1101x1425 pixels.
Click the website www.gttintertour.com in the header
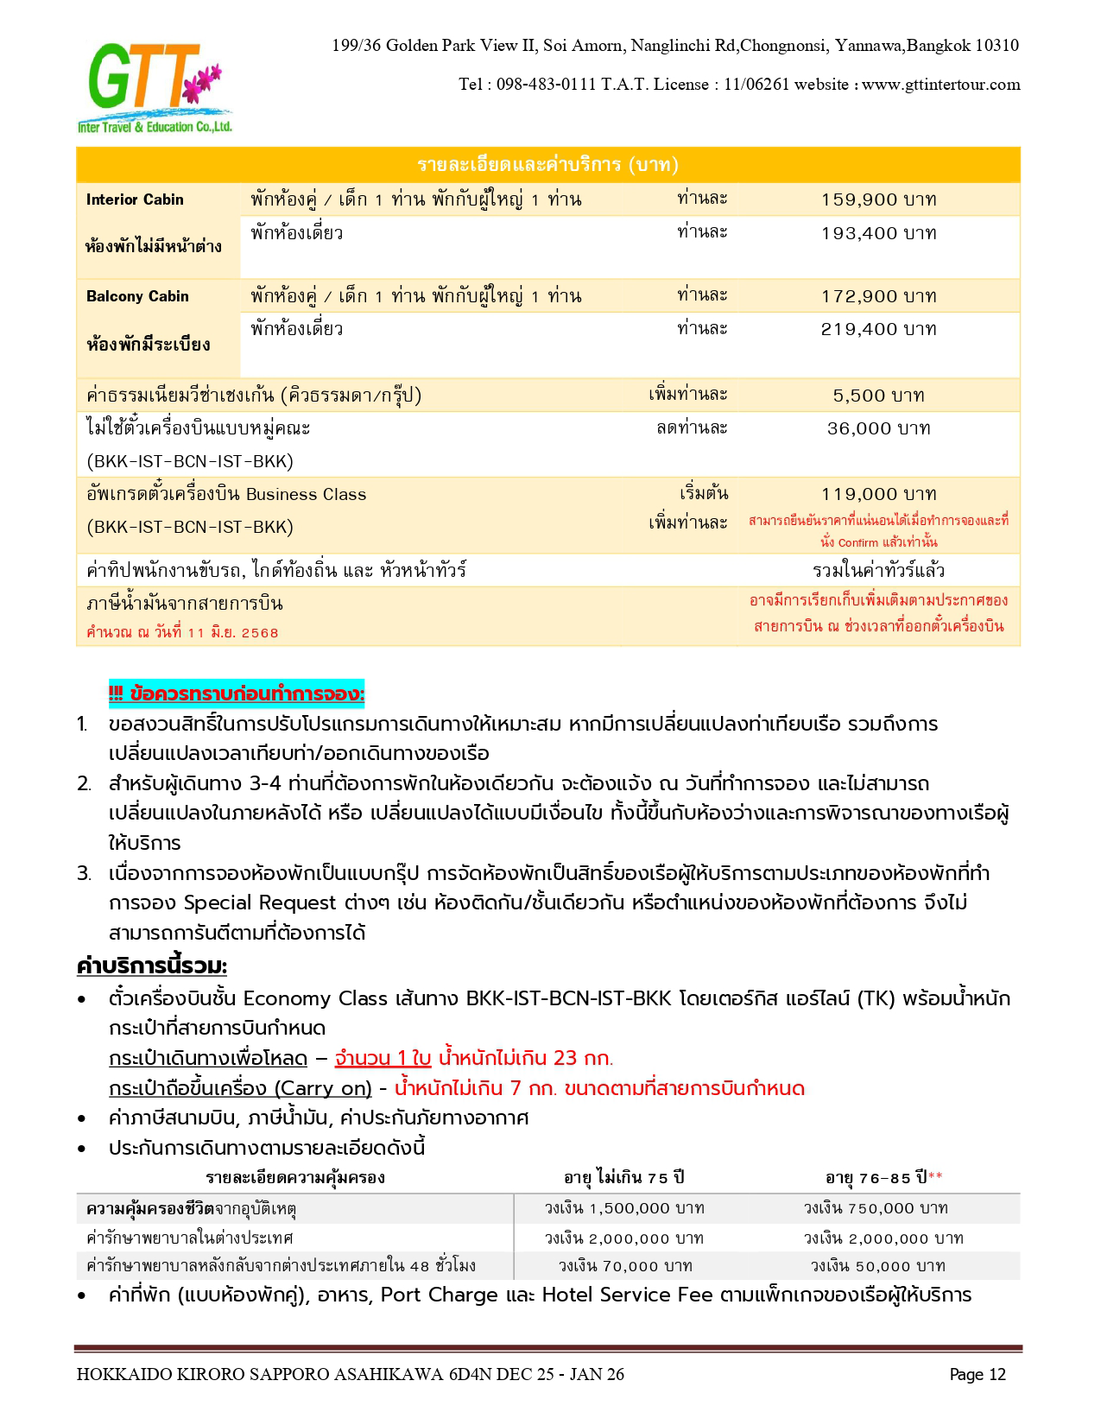click(940, 85)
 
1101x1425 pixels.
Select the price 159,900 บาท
click(878, 199)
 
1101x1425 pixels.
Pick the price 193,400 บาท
click(878, 233)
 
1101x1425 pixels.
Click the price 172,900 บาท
click(878, 296)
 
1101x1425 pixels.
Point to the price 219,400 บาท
click(878, 329)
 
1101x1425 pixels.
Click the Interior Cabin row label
click(135, 199)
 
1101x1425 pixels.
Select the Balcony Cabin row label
click(137, 296)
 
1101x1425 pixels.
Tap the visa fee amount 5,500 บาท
click(878, 396)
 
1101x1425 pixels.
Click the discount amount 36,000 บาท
click(878, 428)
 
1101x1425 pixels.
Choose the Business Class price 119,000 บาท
click(878, 494)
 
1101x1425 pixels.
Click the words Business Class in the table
click(306, 495)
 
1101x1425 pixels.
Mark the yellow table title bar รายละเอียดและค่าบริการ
click(547, 165)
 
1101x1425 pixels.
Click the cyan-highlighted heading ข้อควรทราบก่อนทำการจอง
click(237, 693)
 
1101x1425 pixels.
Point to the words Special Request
click(259, 903)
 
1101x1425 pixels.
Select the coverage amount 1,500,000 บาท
click(623, 1208)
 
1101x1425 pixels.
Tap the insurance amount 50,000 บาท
click(878, 1266)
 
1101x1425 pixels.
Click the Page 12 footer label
click(978, 1374)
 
